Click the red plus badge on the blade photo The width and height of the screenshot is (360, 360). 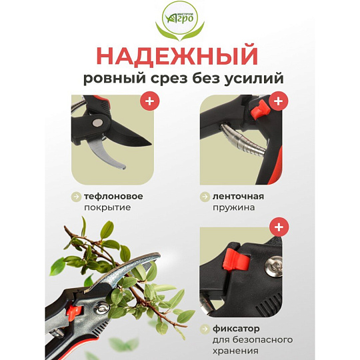coord(150,101)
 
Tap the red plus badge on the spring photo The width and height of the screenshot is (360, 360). coord(279,101)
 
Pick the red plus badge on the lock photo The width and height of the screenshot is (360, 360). coord(279,227)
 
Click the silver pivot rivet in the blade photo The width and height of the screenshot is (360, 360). coord(97,123)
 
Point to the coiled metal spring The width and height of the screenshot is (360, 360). coord(243,139)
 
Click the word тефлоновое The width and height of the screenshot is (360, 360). coord(113,197)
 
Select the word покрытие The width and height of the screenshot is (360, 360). coord(107,207)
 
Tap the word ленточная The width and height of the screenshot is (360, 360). coord(238,197)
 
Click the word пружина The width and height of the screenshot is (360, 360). coord(233,208)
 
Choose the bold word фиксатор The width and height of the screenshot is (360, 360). coord(236,329)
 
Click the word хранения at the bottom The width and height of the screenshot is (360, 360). coord(235,351)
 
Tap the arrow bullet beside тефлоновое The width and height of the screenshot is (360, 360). coord(76,197)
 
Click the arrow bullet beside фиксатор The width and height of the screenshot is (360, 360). coord(205,329)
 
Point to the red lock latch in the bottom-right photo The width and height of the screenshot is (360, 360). coord(236,259)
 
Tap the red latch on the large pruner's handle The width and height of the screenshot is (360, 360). coord(74,311)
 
